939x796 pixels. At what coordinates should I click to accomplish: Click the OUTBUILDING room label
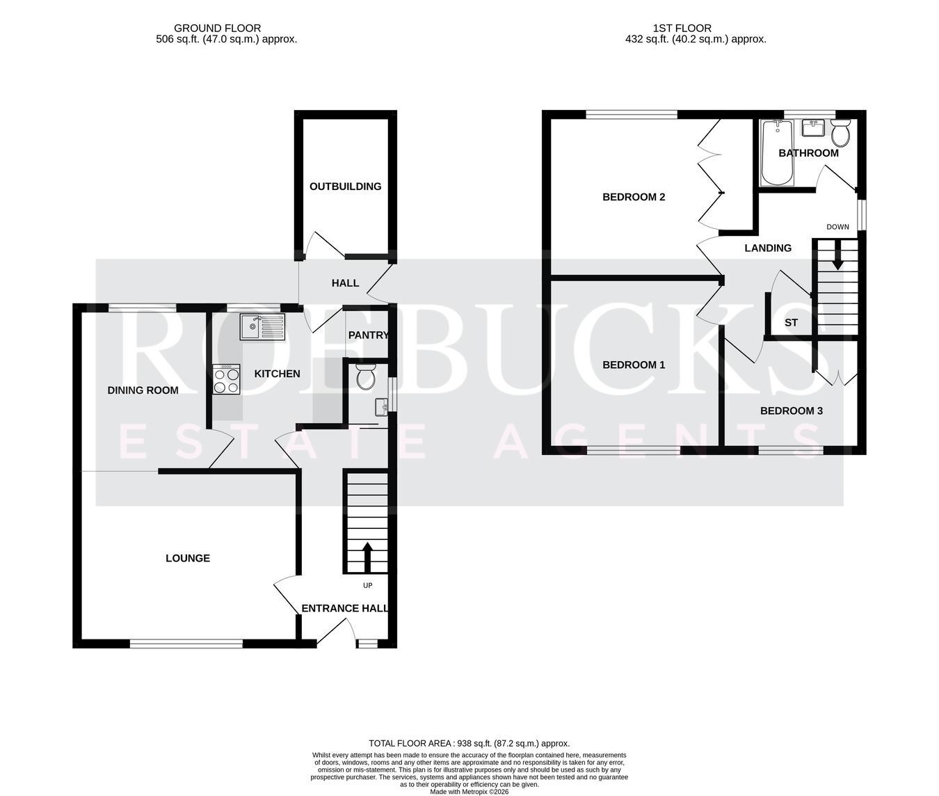pyautogui.click(x=345, y=186)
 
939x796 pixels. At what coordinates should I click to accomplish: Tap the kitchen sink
pyautogui.click(x=262, y=326)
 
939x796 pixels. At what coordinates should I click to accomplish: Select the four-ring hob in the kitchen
pyautogui.click(x=226, y=379)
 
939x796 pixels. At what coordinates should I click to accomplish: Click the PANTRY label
pyautogui.click(x=368, y=335)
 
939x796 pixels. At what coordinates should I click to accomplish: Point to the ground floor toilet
pyautogui.click(x=364, y=376)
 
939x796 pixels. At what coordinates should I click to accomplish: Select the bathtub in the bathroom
pyautogui.click(x=778, y=152)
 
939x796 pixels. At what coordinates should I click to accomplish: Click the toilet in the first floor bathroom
pyautogui.click(x=840, y=133)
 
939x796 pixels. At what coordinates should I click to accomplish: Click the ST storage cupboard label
pyautogui.click(x=791, y=323)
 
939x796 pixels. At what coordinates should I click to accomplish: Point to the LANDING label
pyautogui.click(x=768, y=248)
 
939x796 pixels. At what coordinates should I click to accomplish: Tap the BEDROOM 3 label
pyautogui.click(x=792, y=411)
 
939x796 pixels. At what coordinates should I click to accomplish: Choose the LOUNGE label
pyautogui.click(x=188, y=558)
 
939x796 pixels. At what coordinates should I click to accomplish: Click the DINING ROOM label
pyautogui.click(x=143, y=390)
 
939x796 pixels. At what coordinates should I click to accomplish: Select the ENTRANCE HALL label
pyautogui.click(x=345, y=608)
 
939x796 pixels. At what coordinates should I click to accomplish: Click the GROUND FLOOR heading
pyautogui.click(x=217, y=28)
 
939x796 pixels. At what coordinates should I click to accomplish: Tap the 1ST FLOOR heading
pyautogui.click(x=682, y=28)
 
